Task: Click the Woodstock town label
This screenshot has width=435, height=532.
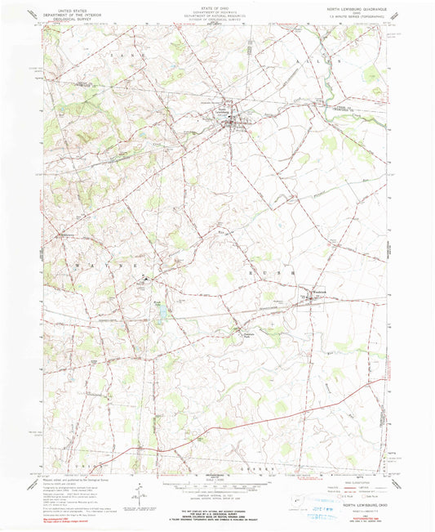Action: tap(317, 291)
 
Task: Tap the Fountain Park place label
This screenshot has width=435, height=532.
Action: tap(248, 330)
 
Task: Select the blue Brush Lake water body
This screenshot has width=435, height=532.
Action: tap(161, 311)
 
